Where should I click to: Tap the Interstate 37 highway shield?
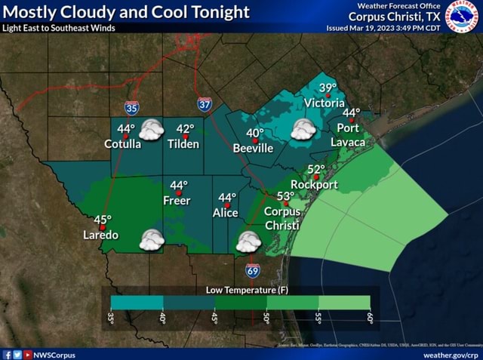coord(205,104)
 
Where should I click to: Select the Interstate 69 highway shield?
coord(253,270)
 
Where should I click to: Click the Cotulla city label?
coord(122,143)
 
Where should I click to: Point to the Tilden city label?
coord(183,143)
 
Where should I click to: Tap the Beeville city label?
coord(253,148)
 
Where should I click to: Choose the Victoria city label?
coord(324,103)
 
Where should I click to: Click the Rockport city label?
coord(314,183)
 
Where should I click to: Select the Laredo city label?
coord(100,235)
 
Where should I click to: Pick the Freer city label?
coord(177,200)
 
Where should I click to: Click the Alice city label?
coord(225,213)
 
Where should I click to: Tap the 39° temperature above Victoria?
coord(328,88)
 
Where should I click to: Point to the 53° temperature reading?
coord(285,196)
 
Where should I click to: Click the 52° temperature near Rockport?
coord(316,169)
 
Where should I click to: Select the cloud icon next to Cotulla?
coord(152,130)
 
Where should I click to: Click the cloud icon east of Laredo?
coord(152,240)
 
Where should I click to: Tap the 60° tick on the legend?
coord(370,318)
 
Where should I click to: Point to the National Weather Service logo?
coord(463,16)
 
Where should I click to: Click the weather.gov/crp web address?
coord(451,354)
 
